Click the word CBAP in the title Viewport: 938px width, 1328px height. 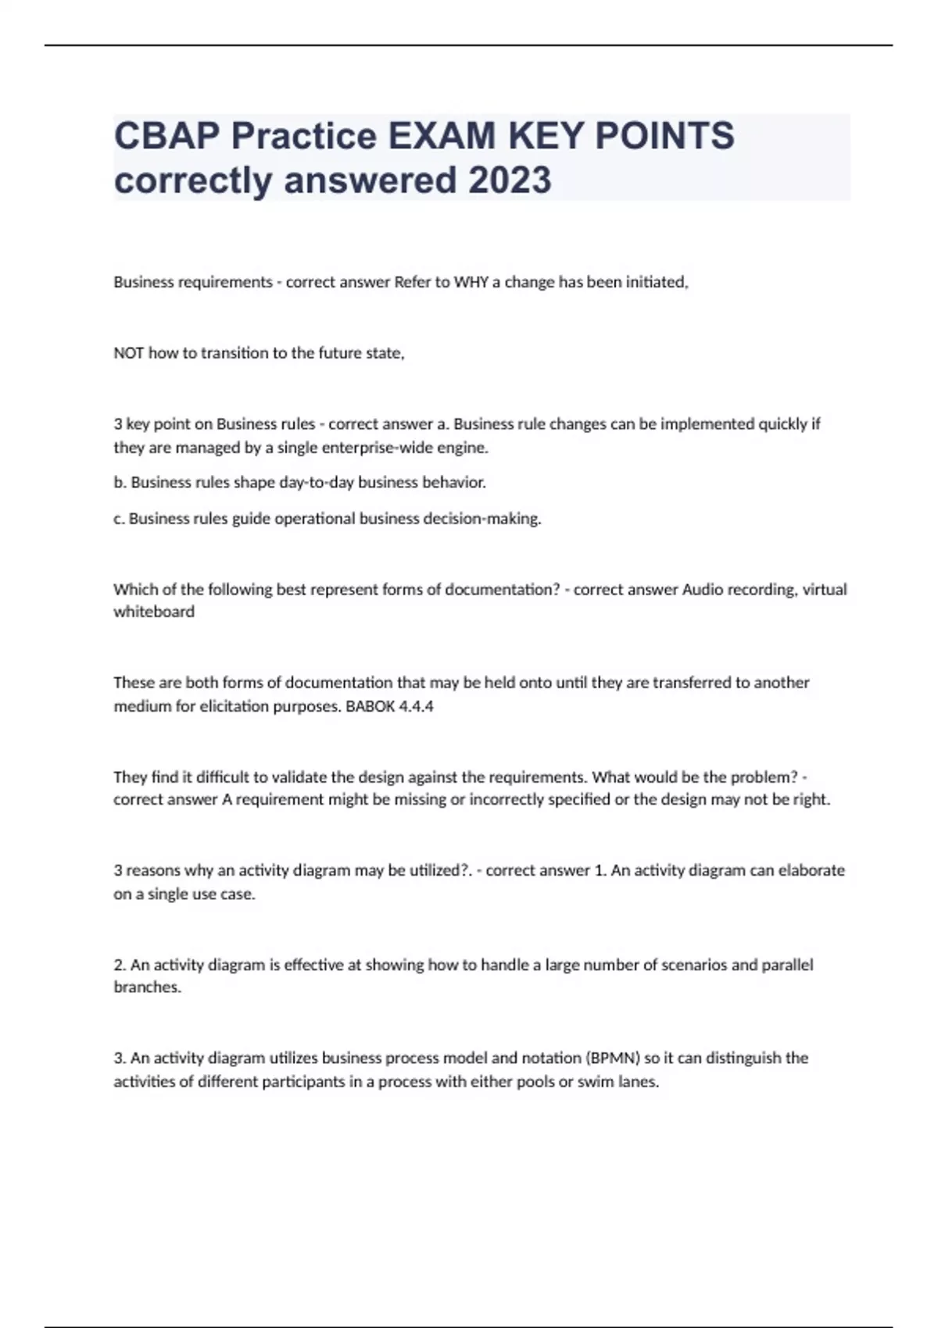click(x=167, y=136)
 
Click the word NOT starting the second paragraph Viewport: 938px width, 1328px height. click(x=129, y=353)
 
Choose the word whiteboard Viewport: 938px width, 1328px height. click(x=154, y=612)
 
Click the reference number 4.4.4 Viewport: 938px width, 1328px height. click(x=416, y=706)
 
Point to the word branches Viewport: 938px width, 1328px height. click(x=147, y=987)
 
